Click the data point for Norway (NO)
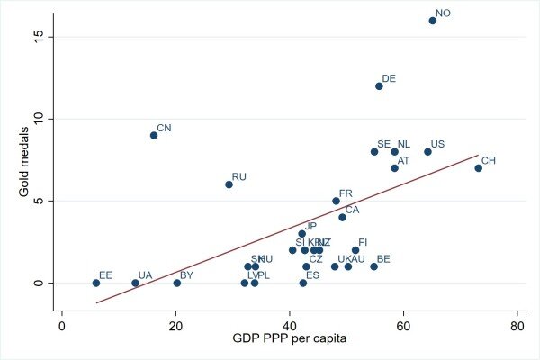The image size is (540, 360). point(432,20)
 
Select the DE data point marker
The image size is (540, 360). point(379,85)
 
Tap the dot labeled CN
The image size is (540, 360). point(154,135)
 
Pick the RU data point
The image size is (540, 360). point(229,184)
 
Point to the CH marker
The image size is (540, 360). point(478,167)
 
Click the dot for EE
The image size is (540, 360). point(96,283)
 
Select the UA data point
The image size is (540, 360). point(135,283)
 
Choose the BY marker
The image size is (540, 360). point(176,283)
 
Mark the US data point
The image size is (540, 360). point(427,151)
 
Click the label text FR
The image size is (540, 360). point(346,193)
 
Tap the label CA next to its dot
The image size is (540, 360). point(352,210)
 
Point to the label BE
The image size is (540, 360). point(383,259)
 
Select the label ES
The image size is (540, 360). point(312,275)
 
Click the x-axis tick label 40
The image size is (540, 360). point(289,324)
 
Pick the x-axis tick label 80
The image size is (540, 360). point(517,324)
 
